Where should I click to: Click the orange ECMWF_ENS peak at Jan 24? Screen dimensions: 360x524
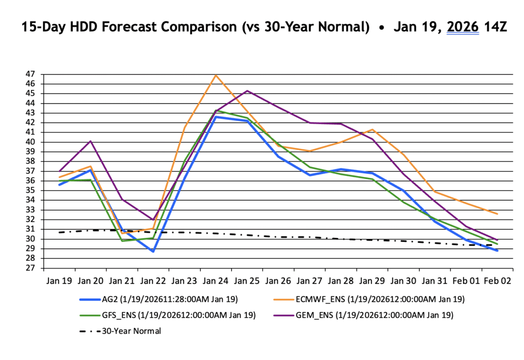pos(216,75)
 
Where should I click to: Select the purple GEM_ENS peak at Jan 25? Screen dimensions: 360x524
pos(247,91)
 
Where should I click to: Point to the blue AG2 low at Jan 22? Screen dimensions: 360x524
pos(153,252)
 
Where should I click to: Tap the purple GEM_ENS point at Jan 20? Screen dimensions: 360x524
pos(91,141)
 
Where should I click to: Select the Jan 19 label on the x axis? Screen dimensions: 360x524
pos(60,281)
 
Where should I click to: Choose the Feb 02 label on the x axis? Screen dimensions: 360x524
pos(497,281)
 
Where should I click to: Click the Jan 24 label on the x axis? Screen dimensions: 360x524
pos(216,281)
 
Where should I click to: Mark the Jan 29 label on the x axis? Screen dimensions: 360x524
pos(372,281)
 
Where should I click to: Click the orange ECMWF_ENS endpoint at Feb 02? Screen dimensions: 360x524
pos(497,214)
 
